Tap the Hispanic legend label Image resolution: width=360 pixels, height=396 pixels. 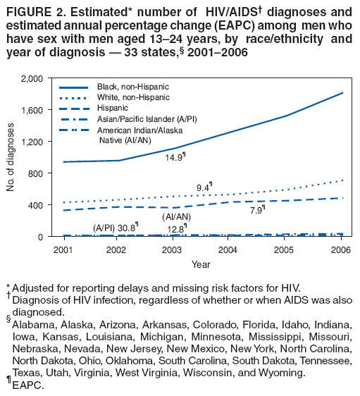point(113,108)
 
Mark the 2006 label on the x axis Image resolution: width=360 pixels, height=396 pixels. point(338,249)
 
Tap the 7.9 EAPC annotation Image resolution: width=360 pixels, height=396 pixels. point(258,209)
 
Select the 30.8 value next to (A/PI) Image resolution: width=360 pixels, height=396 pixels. point(127,227)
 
